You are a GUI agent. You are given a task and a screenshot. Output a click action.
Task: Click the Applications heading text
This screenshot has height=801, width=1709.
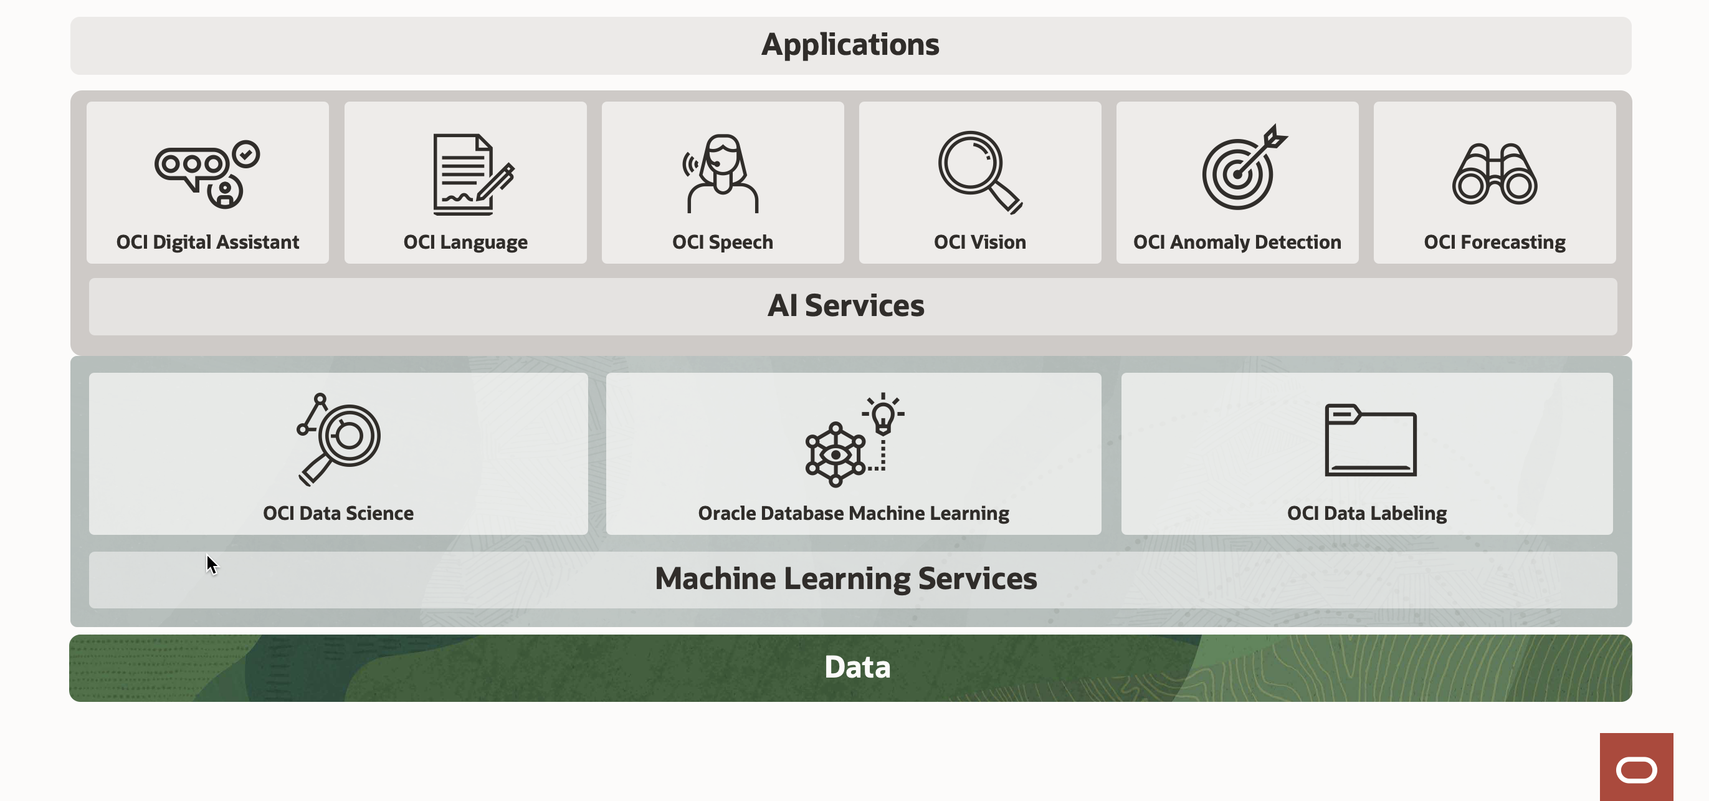coord(850,45)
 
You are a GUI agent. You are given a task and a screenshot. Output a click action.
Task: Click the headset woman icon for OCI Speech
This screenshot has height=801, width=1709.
coord(722,174)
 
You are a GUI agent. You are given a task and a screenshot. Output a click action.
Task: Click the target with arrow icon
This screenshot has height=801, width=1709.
coord(1242,168)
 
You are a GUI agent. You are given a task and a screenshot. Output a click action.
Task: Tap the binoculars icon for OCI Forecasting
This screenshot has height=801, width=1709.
coord(1494,174)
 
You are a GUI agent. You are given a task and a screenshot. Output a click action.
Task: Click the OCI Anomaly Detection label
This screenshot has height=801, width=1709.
coord(1237,242)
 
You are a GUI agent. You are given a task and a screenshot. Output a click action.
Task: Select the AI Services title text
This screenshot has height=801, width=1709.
coord(845,306)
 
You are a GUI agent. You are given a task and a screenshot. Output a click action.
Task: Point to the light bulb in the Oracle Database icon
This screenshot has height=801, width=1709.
coord(883,416)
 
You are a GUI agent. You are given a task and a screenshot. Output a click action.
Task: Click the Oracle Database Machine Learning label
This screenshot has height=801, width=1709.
coord(853,513)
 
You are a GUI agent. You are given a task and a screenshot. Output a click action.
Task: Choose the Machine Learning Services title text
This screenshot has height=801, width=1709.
coord(845,578)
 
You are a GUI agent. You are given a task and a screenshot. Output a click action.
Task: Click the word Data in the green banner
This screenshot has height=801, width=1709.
coord(857,667)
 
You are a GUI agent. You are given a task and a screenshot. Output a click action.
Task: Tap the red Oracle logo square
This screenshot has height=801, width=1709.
coord(1635,768)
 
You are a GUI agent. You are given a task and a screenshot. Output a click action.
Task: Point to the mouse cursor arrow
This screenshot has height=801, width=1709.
coord(211,564)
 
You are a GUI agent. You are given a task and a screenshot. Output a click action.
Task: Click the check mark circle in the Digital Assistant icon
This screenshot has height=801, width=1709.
coord(246,154)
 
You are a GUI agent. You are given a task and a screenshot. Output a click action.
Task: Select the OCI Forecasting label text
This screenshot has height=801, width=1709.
coord(1494,242)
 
